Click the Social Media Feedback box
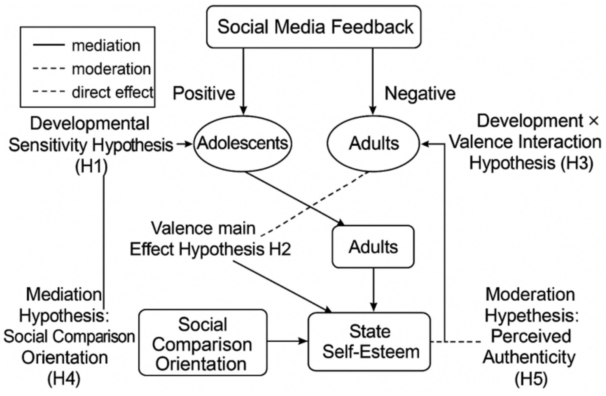[314, 27]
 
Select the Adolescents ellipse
[242, 143]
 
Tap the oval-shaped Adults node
[374, 143]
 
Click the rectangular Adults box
[373, 247]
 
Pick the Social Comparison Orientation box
[203, 343]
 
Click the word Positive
[204, 93]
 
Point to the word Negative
[420, 93]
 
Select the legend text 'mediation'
[106, 45]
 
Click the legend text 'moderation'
[111, 69]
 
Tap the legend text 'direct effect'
[112, 92]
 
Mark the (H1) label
[91, 167]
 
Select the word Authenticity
[529, 357]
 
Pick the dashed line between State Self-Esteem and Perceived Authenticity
[456, 341]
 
